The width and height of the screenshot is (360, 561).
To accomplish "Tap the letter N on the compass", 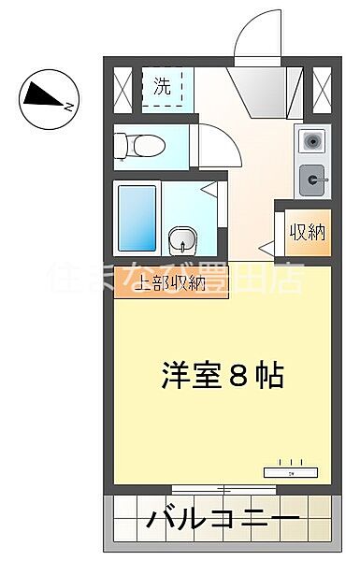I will (x=68, y=106).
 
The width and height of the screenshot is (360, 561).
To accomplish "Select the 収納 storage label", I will (x=306, y=232).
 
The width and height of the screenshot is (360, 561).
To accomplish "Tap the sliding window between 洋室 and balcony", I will (x=224, y=487).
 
